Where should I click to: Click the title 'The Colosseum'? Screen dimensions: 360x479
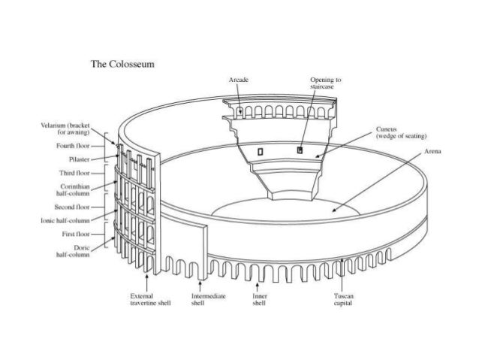122,64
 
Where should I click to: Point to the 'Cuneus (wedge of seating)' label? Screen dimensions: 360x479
402,132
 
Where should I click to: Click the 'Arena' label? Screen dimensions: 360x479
432,151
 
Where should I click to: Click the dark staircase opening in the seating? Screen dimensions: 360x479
300,150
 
